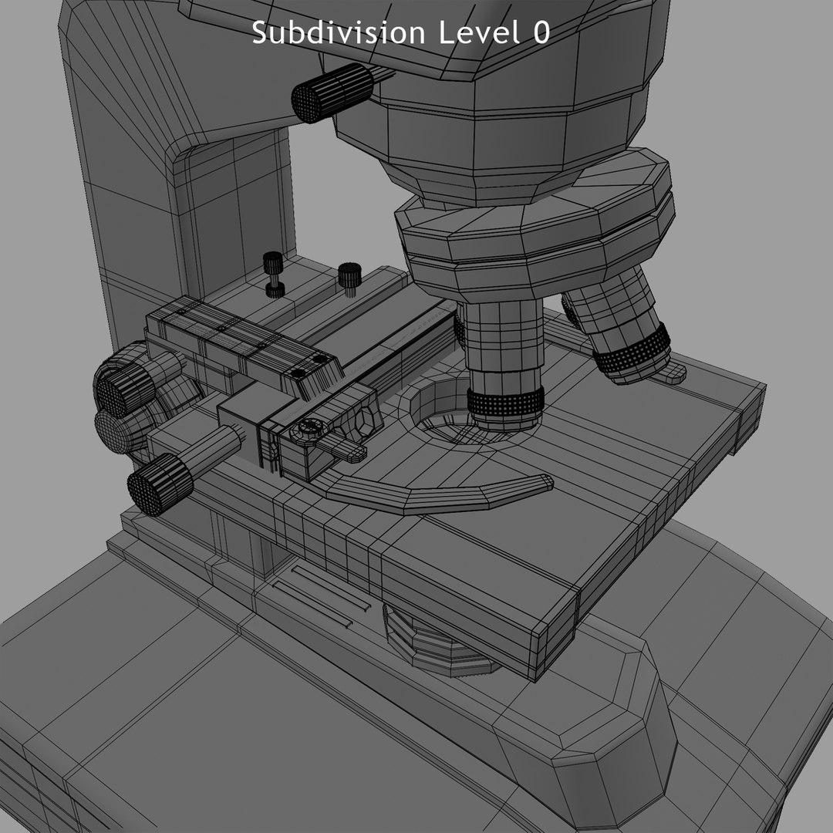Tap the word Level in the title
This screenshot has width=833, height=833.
click(474, 32)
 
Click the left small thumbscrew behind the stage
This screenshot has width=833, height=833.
click(274, 274)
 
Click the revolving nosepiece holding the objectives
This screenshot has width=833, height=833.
click(532, 231)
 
